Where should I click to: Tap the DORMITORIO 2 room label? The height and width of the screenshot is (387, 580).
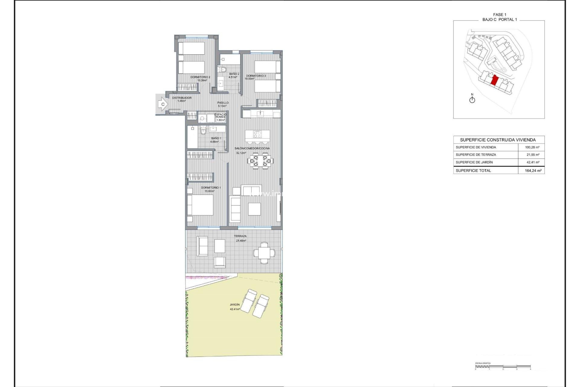tap(200, 77)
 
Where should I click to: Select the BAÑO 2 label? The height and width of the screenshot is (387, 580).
tap(234, 74)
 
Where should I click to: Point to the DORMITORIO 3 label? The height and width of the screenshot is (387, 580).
tap(256, 76)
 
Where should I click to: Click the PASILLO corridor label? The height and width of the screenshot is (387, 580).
tap(223, 103)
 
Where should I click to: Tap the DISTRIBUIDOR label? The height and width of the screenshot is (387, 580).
tap(182, 98)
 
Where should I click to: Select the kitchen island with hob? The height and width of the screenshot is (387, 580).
tap(257, 135)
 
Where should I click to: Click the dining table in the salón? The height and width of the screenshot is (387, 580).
tap(260, 160)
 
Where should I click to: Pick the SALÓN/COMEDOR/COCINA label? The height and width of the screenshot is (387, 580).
tap(252, 148)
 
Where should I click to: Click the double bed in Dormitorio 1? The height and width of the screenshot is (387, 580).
tap(200, 205)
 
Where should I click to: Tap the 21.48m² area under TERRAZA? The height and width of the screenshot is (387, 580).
tap(241, 241)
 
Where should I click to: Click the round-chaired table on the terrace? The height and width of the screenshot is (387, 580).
tap(264, 253)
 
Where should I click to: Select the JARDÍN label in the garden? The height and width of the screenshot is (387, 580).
tap(234, 305)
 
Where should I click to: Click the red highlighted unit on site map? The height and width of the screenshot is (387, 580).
tap(495, 81)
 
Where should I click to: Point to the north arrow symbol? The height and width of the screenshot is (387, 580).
tap(472, 99)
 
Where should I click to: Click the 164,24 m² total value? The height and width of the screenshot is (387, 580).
tap(533, 171)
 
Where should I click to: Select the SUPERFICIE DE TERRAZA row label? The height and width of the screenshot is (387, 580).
tap(476, 154)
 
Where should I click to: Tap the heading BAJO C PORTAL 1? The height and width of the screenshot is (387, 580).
tap(500, 19)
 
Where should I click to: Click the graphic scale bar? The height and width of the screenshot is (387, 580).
tap(503, 368)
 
